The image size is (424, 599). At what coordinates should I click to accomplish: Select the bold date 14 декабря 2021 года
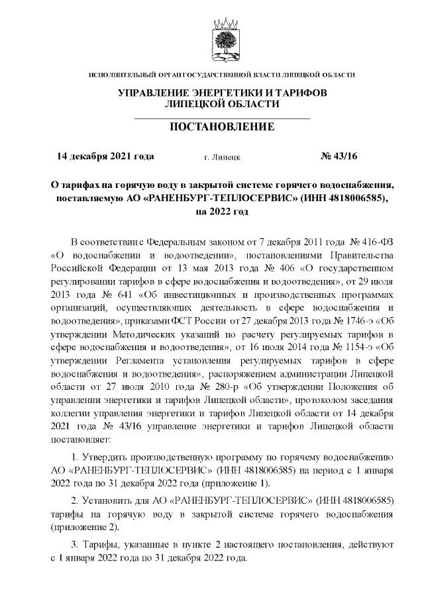(x=106, y=157)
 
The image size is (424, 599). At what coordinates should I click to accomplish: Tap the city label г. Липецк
(x=223, y=158)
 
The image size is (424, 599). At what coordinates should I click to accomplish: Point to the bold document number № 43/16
(x=339, y=157)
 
